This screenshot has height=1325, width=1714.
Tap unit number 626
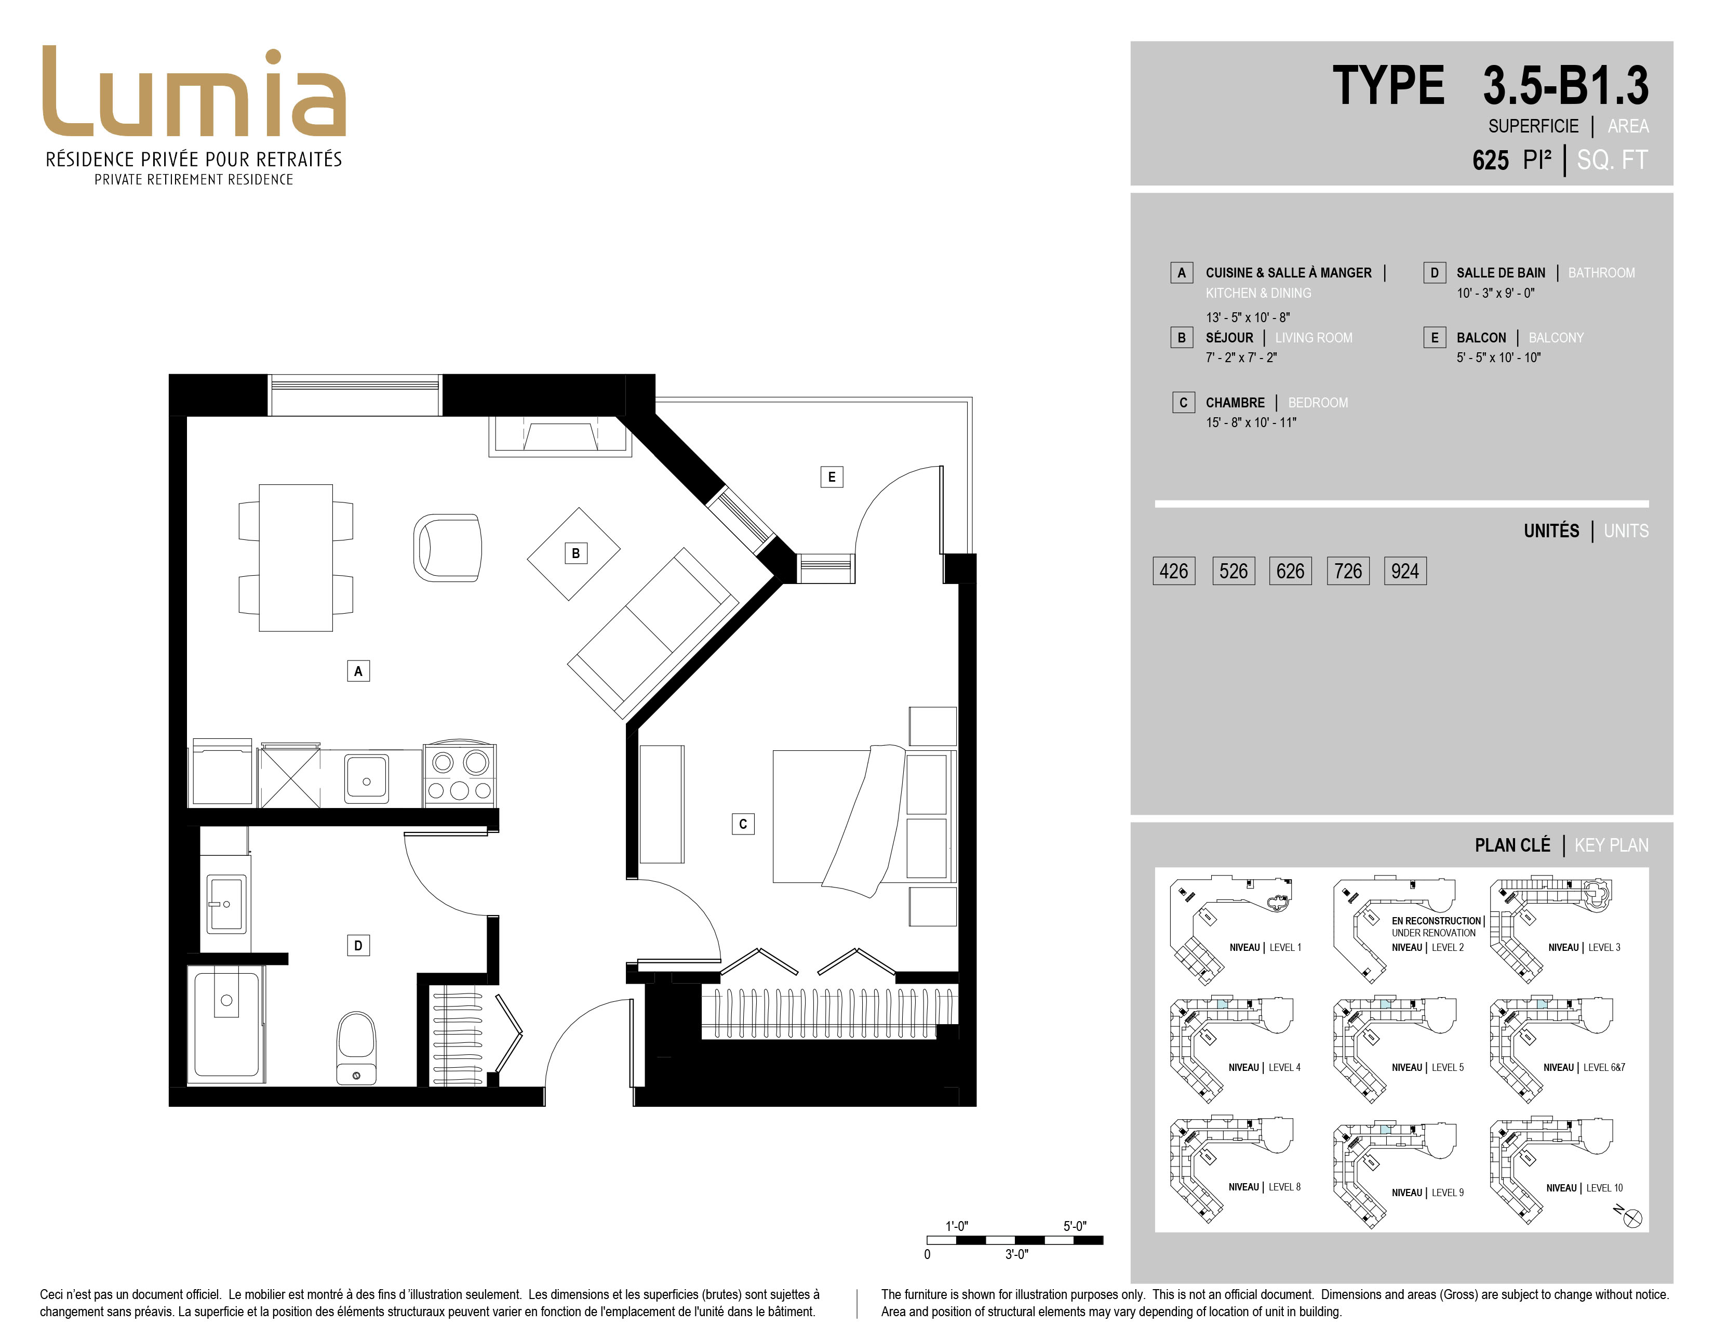[1290, 571]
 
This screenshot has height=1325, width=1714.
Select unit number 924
[1405, 571]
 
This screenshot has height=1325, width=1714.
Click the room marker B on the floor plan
[575, 553]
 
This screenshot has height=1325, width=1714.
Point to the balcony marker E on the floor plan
[832, 476]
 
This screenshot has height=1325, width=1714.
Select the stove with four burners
[459, 775]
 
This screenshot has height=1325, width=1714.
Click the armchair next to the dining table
[447, 547]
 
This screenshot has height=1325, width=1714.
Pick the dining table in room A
[296, 558]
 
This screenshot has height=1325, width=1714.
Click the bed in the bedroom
[863, 816]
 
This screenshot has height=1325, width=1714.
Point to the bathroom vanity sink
[226, 903]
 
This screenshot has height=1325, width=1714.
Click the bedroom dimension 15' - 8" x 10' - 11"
[1251, 422]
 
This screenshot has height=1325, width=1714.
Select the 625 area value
[1490, 160]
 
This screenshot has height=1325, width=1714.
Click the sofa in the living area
[653, 633]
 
